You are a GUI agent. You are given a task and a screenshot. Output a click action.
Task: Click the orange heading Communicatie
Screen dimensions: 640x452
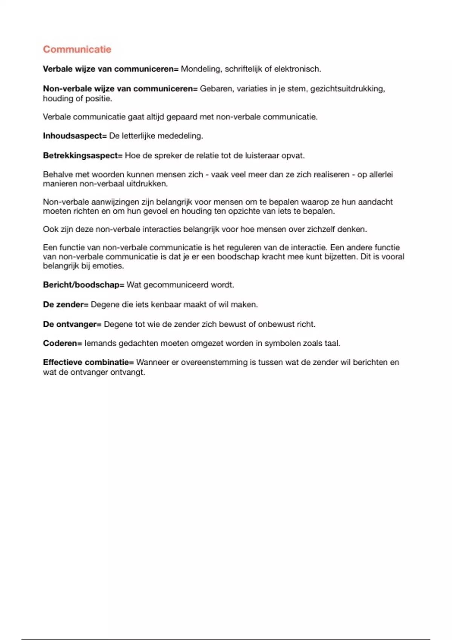point(77,49)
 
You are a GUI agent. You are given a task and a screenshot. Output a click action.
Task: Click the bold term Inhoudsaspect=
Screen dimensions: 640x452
point(75,136)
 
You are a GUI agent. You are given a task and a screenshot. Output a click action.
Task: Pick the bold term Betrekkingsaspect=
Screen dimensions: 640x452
point(82,155)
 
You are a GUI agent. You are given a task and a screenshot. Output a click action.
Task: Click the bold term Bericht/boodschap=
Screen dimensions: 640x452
point(83,285)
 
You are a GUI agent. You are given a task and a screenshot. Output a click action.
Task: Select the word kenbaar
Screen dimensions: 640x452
point(166,305)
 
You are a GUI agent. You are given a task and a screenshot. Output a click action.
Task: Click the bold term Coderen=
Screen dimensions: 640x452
point(62,343)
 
